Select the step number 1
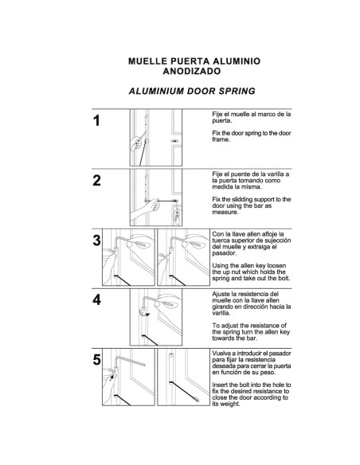tap(97, 122)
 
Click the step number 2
tap(97, 180)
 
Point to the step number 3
tap(97, 240)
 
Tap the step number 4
tap(97, 300)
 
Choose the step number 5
tap(97, 359)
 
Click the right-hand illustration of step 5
tap(182, 378)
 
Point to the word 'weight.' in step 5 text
tap(230, 404)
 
